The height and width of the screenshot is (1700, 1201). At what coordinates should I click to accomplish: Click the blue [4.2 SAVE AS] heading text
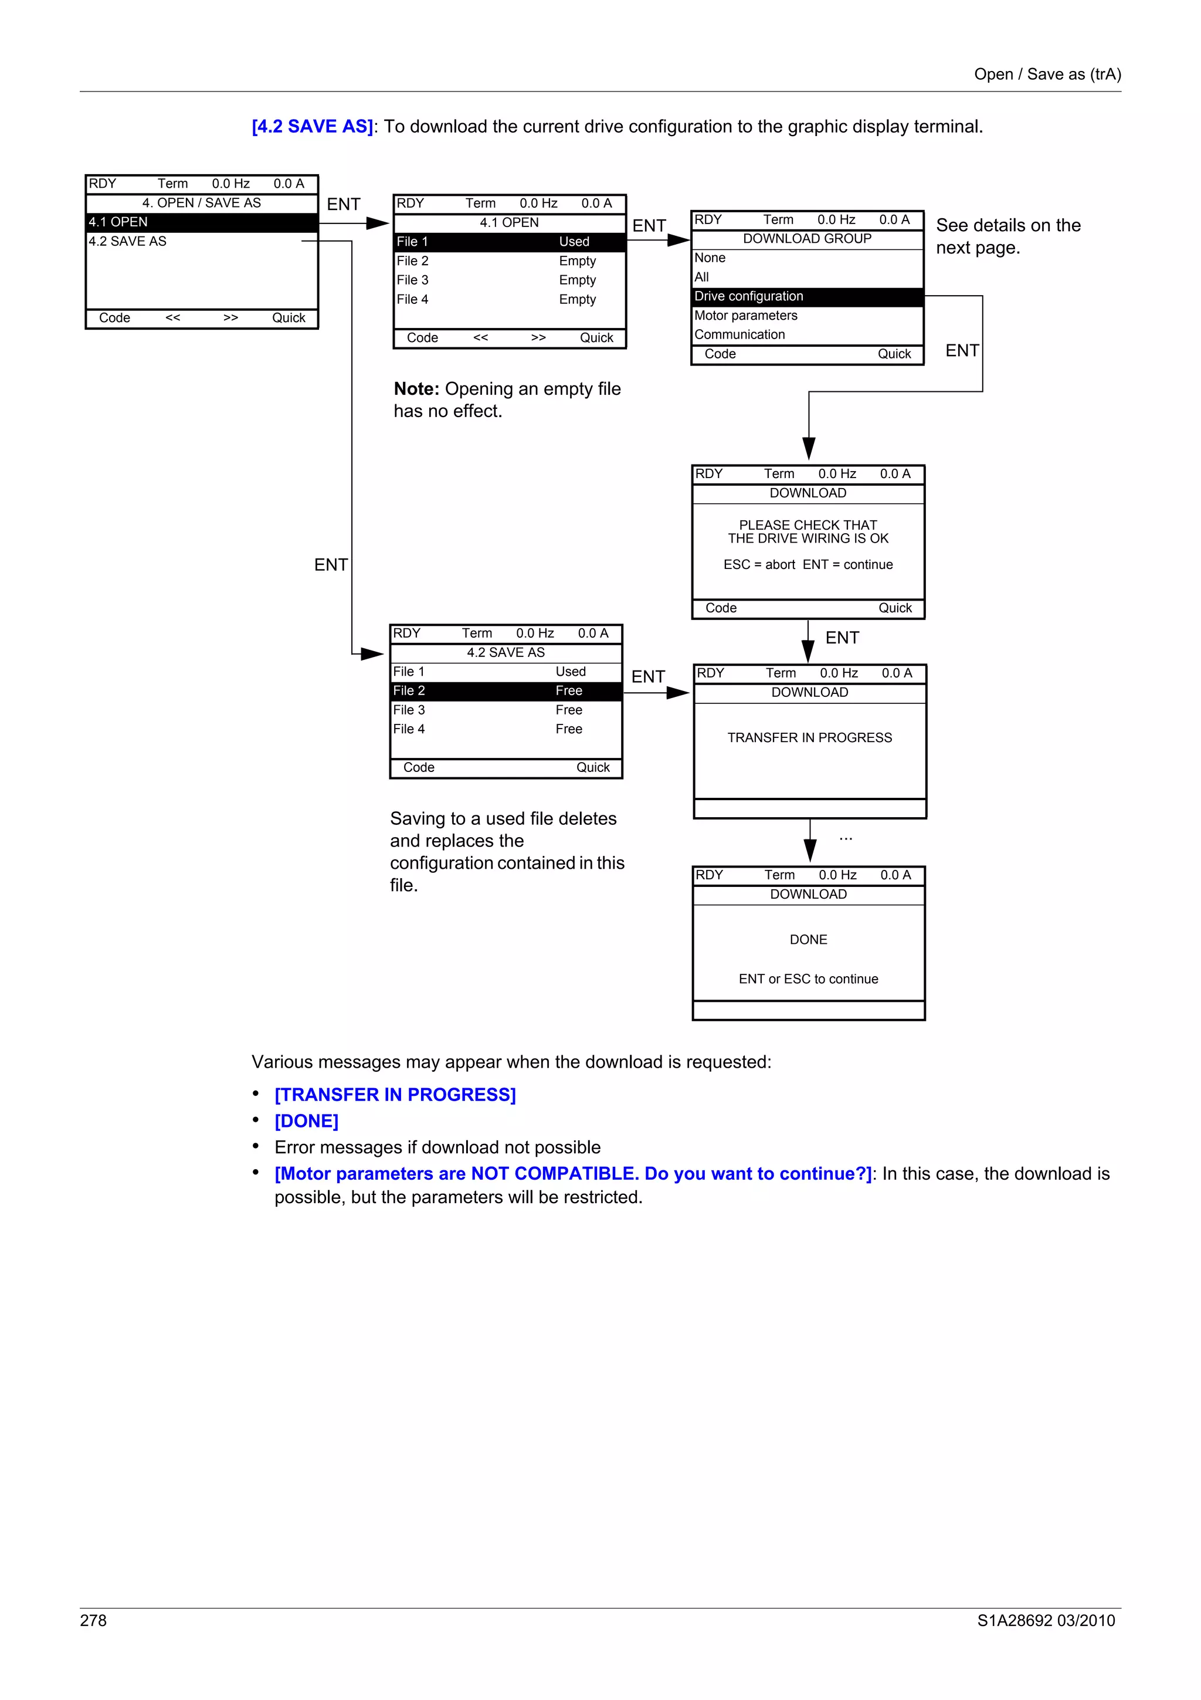tap(313, 127)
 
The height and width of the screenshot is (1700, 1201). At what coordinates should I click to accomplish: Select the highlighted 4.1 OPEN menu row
tap(201, 222)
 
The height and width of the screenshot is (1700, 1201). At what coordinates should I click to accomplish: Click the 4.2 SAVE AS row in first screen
tap(128, 241)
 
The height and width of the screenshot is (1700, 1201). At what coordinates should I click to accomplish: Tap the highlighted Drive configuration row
tap(806, 296)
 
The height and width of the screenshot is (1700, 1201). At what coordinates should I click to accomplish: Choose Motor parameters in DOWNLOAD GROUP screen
tap(746, 316)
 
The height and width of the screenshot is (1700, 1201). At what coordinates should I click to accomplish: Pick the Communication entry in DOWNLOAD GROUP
tap(739, 335)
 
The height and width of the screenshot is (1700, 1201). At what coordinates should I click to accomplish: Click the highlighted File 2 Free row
tap(505, 691)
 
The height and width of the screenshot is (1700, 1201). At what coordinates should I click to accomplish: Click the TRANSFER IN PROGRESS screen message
tap(809, 737)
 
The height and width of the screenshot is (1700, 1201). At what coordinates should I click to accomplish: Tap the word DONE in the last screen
tap(808, 940)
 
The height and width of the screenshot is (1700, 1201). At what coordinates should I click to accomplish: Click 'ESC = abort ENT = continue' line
tap(808, 565)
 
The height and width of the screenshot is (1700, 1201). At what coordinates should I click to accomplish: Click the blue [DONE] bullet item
tap(306, 1121)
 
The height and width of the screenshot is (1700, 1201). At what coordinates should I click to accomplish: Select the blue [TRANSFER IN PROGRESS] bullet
tap(395, 1095)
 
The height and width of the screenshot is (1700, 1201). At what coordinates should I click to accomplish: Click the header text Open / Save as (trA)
tap(1047, 74)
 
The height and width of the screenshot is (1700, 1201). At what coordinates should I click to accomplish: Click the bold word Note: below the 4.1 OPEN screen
tap(416, 389)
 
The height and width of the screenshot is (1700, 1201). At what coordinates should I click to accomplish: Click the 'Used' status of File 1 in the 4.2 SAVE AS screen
tap(571, 672)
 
